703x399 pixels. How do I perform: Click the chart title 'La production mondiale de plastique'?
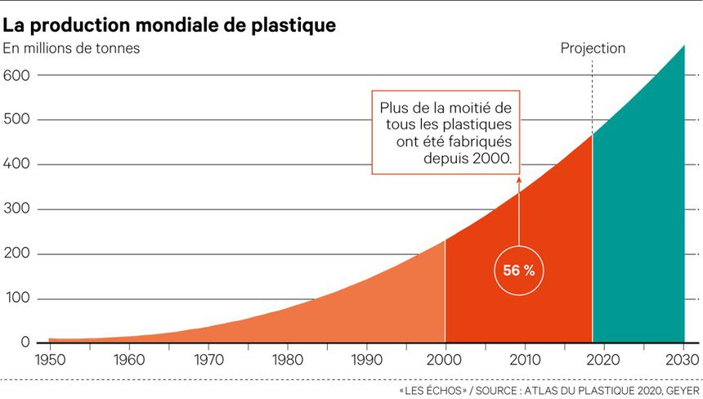[x=169, y=25]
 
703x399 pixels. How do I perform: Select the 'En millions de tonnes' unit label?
[x=71, y=48]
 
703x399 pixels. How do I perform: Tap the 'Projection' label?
[x=593, y=48]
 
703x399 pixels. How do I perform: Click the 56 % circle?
[x=518, y=271]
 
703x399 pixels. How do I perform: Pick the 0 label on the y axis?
[x=26, y=343]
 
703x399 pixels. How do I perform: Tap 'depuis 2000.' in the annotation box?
[x=468, y=157]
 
